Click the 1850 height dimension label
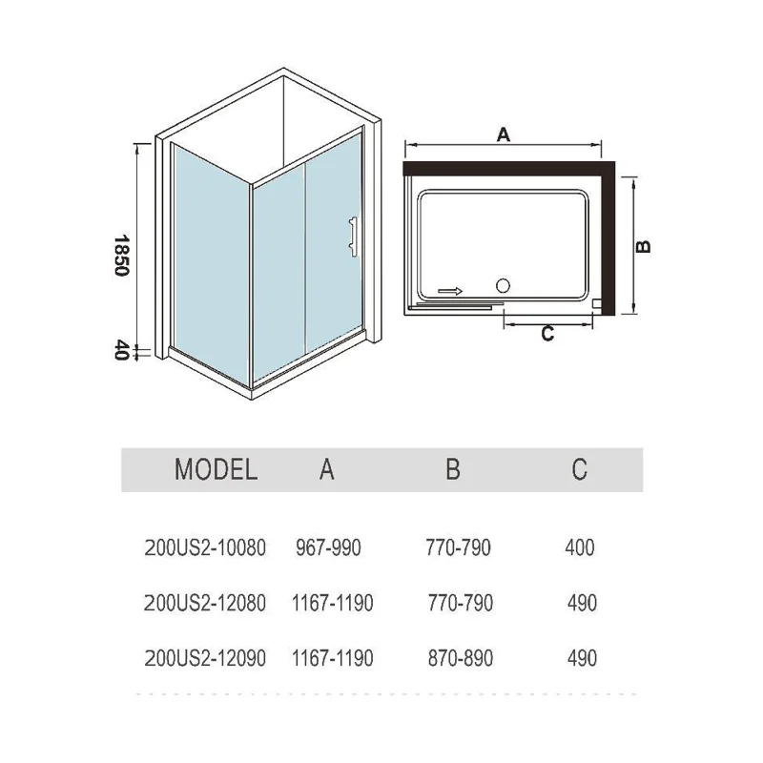coord(120,255)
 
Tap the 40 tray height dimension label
coord(120,351)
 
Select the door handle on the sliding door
coord(352,235)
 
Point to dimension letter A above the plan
coord(505,135)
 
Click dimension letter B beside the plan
coord(644,245)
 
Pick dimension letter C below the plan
coord(547,334)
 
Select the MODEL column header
coord(216,469)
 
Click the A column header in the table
coord(327,469)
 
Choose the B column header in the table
coord(453,469)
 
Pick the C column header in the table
coord(579,469)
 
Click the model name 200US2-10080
coord(204,547)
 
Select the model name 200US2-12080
coord(204,603)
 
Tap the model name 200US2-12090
coord(204,658)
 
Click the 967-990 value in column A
coord(330,547)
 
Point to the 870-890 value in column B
coord(459,658)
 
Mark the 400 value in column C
coord(580,547)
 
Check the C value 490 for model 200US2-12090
coord(581,658)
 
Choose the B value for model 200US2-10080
coord(459,547)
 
